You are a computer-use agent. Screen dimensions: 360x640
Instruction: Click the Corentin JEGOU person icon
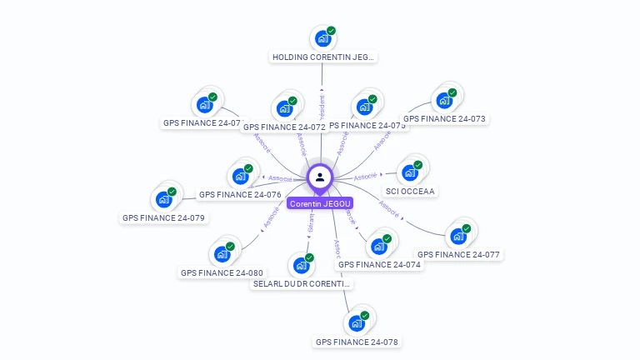coord(320,177)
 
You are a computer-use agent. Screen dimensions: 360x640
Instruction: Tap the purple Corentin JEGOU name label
coord(320,203)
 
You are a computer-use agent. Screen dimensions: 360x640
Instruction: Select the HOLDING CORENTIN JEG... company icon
coord(322,38)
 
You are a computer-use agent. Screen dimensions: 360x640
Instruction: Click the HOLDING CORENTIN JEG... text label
coord(323,57)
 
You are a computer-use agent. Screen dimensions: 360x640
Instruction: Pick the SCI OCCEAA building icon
coord(409,172)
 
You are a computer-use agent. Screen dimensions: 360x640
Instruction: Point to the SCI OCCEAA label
coord(411,192)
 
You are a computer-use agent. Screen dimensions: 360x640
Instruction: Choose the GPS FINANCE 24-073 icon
coord(444,100)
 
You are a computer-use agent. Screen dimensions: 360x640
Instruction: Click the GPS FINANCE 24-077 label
coord(458,254)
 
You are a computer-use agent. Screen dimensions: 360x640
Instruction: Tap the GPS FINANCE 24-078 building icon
coord(357,322)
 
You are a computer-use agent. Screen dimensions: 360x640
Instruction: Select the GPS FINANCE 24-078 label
coord(357,342)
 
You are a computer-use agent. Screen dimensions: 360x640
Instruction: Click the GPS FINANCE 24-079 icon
coord(163,199)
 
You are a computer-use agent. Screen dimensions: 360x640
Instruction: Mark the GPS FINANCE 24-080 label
coord(222,272)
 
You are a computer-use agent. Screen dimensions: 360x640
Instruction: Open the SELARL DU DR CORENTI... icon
coord(301,265)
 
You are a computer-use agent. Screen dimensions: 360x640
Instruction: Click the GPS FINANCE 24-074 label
coord(379,264)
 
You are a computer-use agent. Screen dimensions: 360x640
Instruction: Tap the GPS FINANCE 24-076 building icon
coord(240,176)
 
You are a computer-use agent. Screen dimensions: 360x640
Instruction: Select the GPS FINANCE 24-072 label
coord(283,127)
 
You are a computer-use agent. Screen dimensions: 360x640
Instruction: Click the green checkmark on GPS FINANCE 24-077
coord(467,228)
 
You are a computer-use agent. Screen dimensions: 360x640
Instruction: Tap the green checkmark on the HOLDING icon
coord(331,31)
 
